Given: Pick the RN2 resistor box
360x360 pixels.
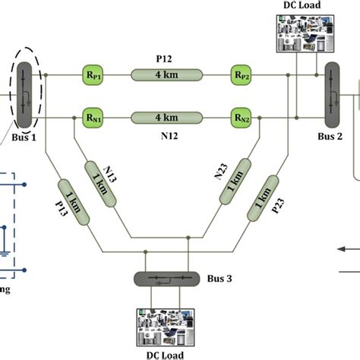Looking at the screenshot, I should pyautogui.click(x=242, y=118).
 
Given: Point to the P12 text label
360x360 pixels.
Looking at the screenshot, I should pyautogui.click(x=166, y=58).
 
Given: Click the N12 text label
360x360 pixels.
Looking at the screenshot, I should pyautogui.click(x=166, y=135).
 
